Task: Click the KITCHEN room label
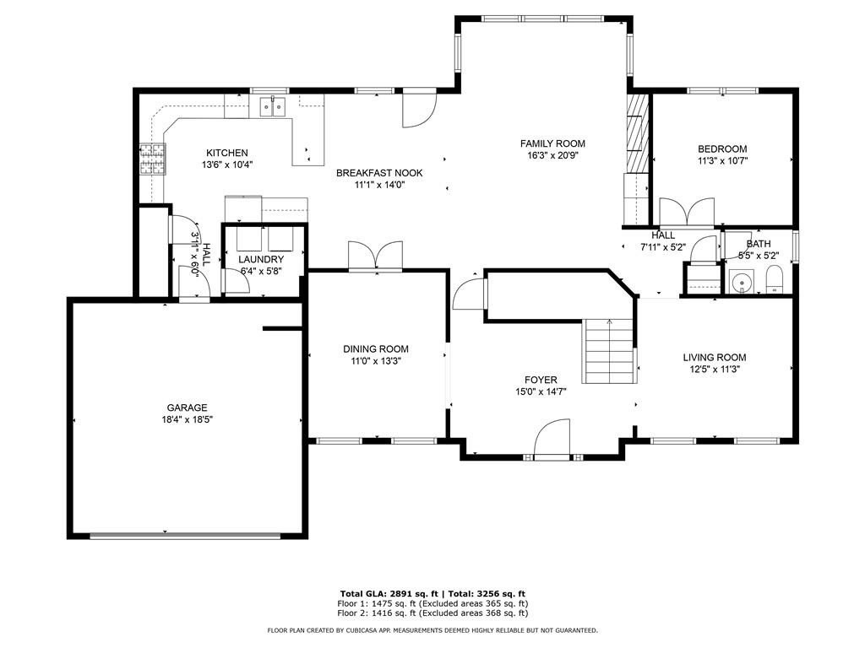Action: coord(226,153)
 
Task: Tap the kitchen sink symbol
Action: coord(273,105)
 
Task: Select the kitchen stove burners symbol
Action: coord(152,159)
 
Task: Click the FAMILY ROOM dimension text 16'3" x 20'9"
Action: coord(552,155)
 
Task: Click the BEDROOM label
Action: coord(722,148)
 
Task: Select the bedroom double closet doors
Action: coord(688,212)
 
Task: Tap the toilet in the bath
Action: coord(775,280)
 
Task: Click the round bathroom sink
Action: coord(742,282)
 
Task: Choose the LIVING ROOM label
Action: coord(715,357)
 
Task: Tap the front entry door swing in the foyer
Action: coord(552,438)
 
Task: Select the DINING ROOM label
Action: coord(376,348)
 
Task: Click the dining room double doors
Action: coord(376,256)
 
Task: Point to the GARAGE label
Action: coord(187,408)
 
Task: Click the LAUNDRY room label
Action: coord(261,259)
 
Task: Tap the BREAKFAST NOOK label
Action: coord(379,173)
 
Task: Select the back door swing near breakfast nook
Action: coord(419,108)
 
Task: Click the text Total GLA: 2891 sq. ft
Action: coord(389,593)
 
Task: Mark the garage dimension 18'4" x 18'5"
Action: coord(187,419)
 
